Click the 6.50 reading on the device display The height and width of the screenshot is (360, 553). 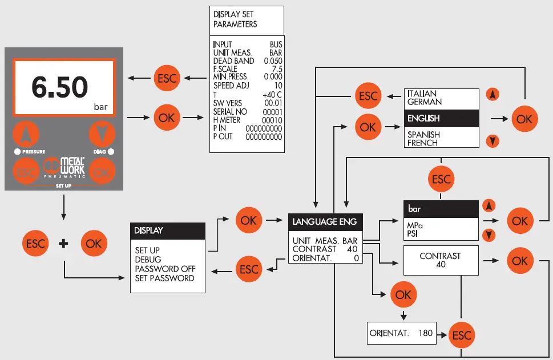(59, 87)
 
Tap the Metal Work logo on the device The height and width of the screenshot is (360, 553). (66, 167)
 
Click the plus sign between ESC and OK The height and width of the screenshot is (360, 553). (64, 244)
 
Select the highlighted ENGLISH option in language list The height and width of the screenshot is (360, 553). (439, 118)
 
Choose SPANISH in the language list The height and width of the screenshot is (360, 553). (423, 134)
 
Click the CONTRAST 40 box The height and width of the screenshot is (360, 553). (440, 260)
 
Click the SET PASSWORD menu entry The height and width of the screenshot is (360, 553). (164, 278)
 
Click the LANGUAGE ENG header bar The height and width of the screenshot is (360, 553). (325, 221)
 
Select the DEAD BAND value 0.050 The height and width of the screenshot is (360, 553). (273, 60)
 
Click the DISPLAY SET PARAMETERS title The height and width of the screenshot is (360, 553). (235, 19)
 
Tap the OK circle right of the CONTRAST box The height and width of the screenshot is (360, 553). (520, 260)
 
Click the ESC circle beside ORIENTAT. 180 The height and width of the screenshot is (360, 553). (461, 335)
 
